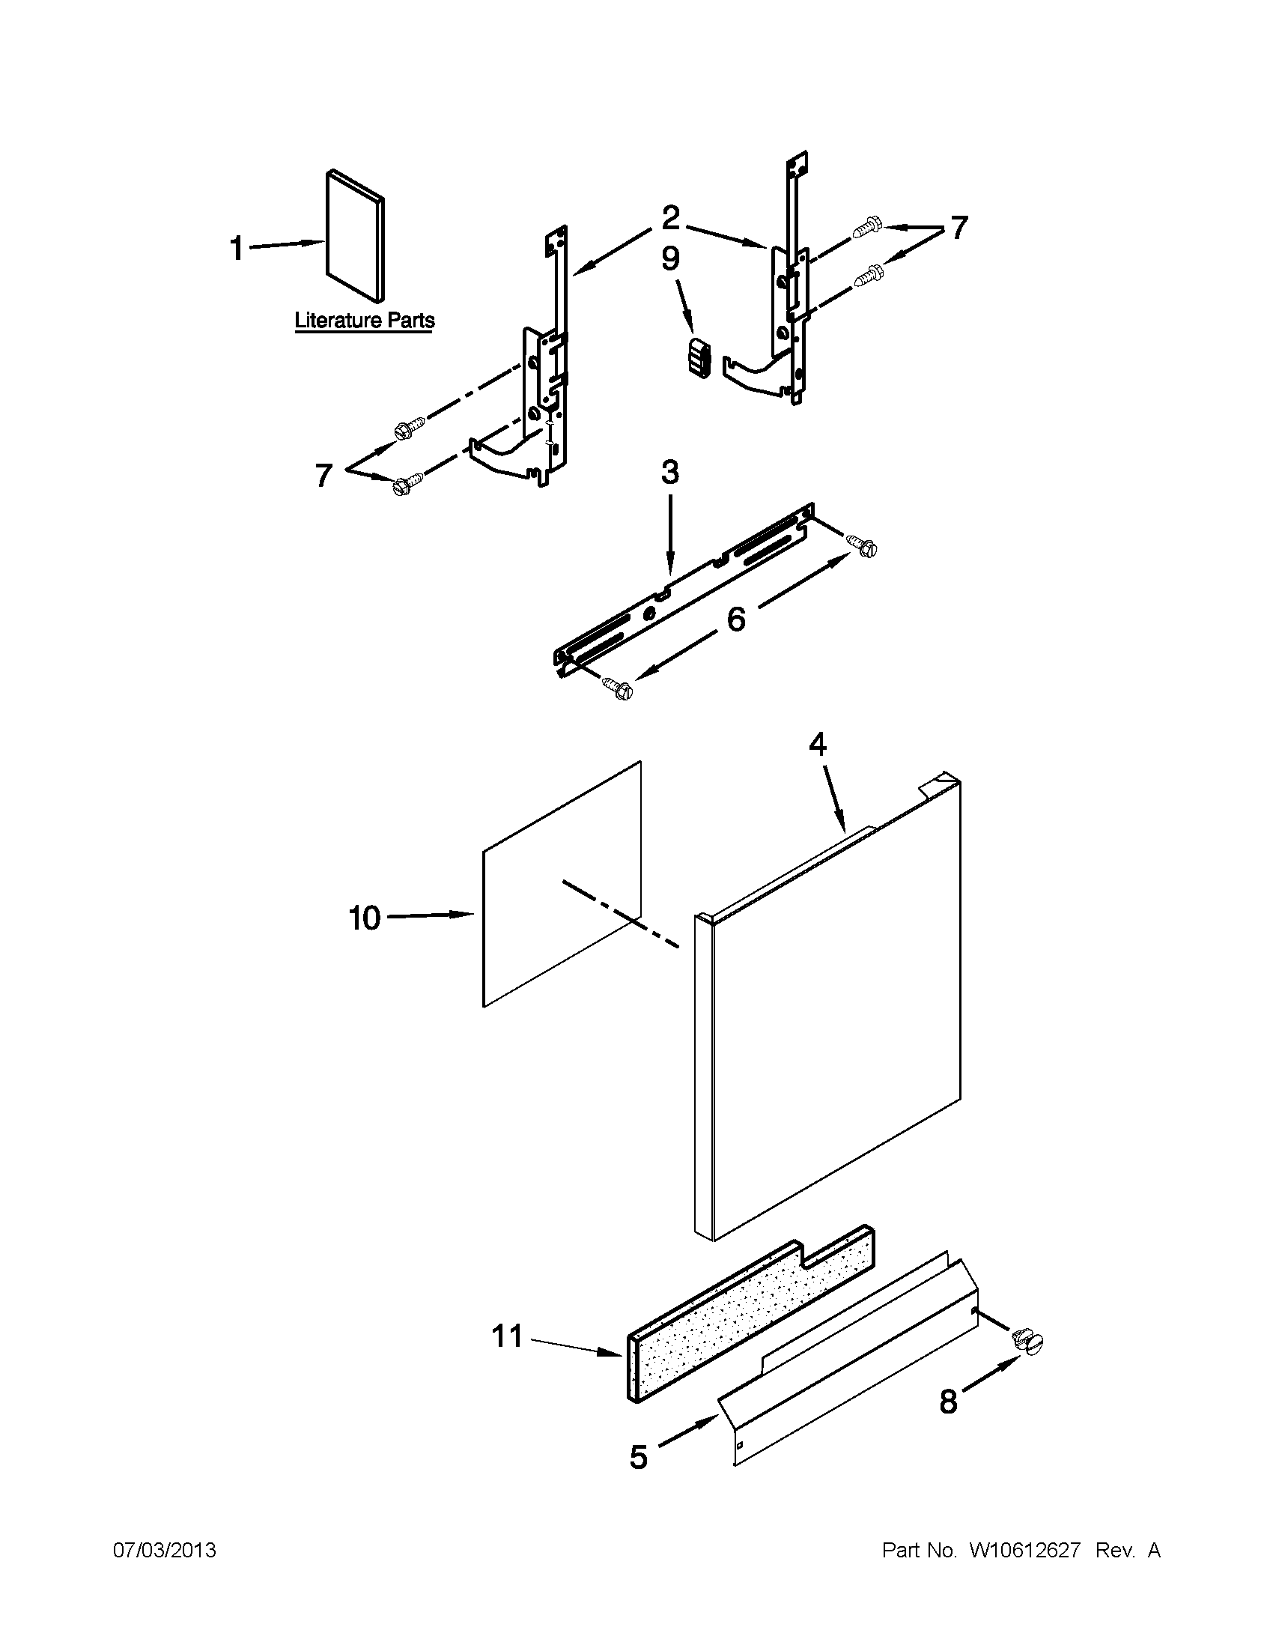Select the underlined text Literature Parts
(364, 320)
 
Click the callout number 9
(669, 259)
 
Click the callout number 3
(669, 473)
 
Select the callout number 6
(735, 619)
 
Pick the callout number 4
(818, 745)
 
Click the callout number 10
(364, 918)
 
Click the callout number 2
(669, 219)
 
